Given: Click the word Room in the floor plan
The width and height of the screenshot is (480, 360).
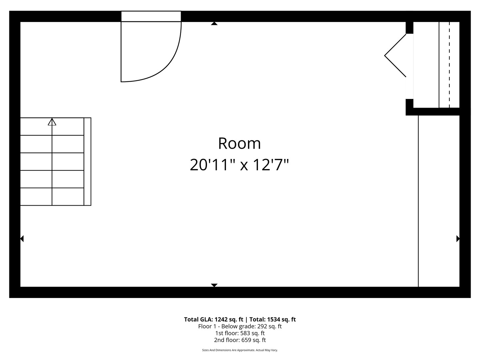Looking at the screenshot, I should (239, 143).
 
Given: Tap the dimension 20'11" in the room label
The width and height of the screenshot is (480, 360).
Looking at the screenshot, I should (212, 165).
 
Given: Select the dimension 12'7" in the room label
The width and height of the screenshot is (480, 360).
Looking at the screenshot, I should (270, 165).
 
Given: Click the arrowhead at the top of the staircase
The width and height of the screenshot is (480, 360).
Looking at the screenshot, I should (52, 122).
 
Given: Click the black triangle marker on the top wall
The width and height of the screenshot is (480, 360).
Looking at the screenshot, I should (214, 24).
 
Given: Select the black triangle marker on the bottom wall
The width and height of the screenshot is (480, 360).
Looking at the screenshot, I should (214, 285).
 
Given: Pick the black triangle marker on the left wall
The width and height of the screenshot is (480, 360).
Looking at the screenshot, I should (22, 239).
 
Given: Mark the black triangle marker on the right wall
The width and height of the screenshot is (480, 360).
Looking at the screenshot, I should (458, 239).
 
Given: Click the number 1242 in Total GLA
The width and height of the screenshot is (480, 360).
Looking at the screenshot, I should (221, 319).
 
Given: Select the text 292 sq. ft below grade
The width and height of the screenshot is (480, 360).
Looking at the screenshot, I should (269, 326).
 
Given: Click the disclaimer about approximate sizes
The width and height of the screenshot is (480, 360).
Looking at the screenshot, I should (240, 350).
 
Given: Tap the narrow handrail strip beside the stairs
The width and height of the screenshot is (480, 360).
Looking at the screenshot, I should (87, 162).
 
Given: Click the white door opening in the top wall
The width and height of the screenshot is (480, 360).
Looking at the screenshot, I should (151, 16).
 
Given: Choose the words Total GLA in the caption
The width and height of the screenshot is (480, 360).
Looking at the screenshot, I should (198, 319).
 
